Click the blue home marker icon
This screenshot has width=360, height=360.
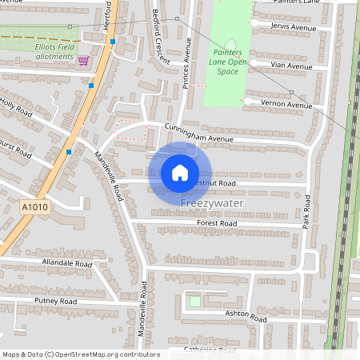180,172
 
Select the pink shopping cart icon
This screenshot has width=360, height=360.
82,60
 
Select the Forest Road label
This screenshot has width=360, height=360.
218,223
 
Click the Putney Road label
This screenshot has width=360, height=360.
55,301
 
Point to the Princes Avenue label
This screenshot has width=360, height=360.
186,62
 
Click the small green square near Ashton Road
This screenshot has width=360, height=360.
194,301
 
